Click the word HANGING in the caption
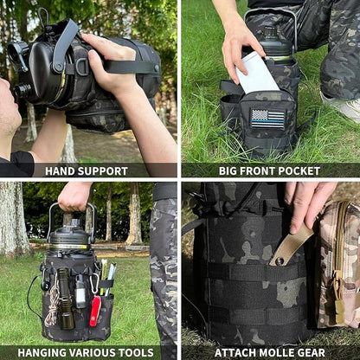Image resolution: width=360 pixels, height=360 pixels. tap(42, 352)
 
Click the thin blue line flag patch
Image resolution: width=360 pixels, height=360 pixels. tap(267, 119)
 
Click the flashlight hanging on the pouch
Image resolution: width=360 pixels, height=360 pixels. tap(65, 299)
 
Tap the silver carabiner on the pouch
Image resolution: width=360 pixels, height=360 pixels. tap(94, 283)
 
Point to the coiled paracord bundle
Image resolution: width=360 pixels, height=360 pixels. tap(51, 306)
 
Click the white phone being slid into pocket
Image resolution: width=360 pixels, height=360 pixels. tap(257, 73)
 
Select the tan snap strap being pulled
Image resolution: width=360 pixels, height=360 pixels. tap(291, 247)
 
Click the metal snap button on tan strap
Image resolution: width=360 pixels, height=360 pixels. tap(279, 261)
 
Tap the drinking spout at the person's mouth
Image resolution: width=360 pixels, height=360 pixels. tap(22, 89)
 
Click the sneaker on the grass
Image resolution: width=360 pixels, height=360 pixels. tap(343, 106)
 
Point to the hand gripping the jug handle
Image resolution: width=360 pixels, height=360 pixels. tap(74, 196)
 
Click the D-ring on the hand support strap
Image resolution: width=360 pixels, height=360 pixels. tap(82, 67)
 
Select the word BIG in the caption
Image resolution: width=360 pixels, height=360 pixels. tap(228, 171)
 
